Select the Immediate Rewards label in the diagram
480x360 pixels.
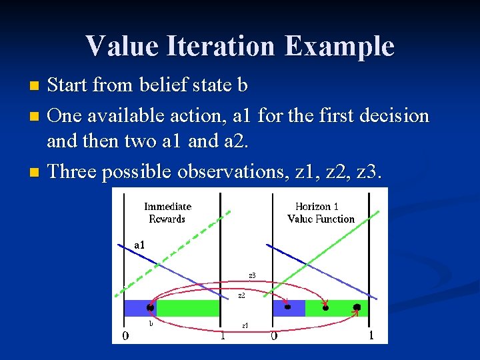click(167, 213)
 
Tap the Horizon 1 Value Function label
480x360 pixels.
click(321, 213)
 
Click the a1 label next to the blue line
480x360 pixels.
click(139, 245)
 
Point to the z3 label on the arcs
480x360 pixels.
click(252, 275)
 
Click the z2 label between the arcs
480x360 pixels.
click(241, 295)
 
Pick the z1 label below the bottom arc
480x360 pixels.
click(245, 325)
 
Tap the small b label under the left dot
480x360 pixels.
click(151, 323)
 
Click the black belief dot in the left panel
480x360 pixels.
click(151, 307)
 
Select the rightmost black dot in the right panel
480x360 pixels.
click(357, 307)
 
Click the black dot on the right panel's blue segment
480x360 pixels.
click(287, 307)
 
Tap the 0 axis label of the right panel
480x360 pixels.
click(274, 336)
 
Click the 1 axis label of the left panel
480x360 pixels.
click(223, 336)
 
